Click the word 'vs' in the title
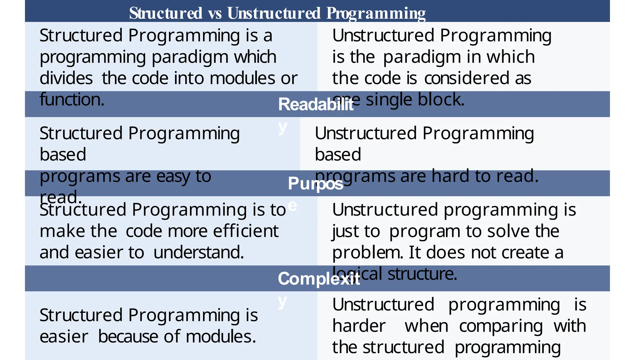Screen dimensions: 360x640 [x=215, y=13]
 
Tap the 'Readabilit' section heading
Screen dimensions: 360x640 [x=316, y=104]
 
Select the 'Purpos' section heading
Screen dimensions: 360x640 [x=316, y=183]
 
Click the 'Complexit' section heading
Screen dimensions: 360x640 [x=319, y=278]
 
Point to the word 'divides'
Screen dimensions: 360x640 [x=66, y=78]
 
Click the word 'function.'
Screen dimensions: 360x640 [x=72, y=100]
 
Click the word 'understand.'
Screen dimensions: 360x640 [x=198, y=252]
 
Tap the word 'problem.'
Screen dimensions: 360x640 [x=367, y=252]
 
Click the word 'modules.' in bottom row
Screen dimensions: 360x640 [x=221, y=337]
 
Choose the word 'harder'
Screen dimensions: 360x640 [x=359, y=326]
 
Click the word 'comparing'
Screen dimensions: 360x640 [x=501, y=326]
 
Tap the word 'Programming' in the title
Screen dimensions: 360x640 [x=376, y=13]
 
